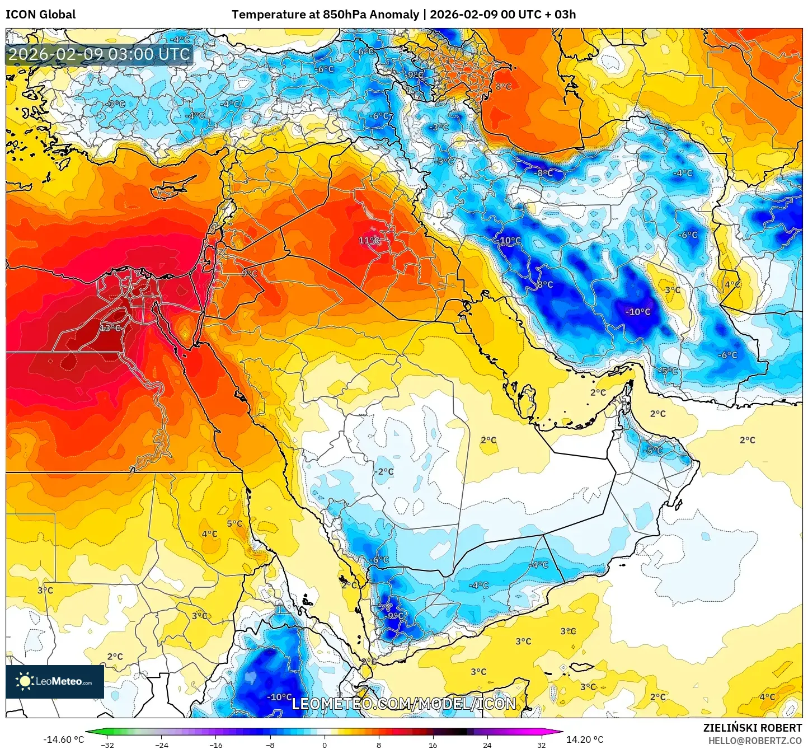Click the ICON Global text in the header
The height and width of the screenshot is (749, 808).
(x=40, y=15)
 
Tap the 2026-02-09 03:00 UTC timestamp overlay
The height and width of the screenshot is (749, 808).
(x=99, y=55)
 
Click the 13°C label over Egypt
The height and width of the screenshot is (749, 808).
(x=110, y=328)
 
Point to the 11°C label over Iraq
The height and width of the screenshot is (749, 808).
(x=369, y=241)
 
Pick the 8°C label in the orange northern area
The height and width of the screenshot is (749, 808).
(x=503, y=87)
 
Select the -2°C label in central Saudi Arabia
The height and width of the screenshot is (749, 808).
(x=384, y=472)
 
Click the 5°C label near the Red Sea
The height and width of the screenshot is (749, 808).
(x=234, y=524)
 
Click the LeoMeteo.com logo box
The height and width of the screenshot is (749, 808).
(x=55, y=681)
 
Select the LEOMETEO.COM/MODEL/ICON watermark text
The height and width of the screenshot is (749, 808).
(x=404, y=704)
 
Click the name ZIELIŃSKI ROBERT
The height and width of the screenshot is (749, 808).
(x=752, y=728)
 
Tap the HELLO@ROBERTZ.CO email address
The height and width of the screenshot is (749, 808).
(x=755, y=741)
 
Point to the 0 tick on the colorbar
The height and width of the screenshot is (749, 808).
(x=325, y=745)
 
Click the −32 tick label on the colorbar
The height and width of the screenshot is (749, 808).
(x=107, y=745)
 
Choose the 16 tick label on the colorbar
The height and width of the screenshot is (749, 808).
(x=433, y=745)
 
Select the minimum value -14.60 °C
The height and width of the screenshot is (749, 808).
(x=64, y=739)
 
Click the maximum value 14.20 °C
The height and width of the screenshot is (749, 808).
(x=585, y=739)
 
